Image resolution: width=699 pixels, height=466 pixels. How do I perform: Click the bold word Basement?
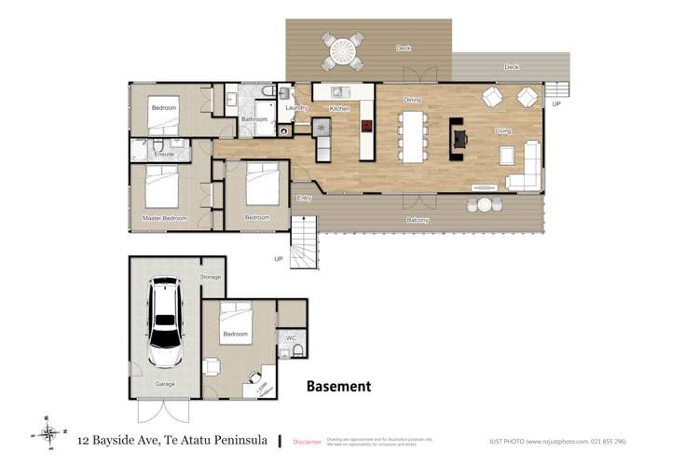[339, 386]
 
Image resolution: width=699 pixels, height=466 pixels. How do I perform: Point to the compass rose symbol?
[48, 431]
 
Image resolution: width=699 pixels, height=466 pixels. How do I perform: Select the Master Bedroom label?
[164, 218]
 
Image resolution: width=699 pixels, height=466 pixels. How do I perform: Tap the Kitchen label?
[339, 109]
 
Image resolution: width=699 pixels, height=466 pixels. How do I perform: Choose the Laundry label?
[296, 108]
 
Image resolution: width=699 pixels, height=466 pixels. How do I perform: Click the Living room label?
[503, 131]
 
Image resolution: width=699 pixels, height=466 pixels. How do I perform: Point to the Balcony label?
[418, 220]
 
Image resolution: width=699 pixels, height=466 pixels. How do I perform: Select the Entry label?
[304, 198]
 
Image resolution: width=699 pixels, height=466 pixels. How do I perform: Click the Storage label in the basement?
[211, 277]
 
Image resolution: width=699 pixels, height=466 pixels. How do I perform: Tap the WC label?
[291, 337]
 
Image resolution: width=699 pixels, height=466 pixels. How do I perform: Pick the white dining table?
[413, 137]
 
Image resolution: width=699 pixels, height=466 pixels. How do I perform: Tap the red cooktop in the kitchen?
[367, 126]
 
